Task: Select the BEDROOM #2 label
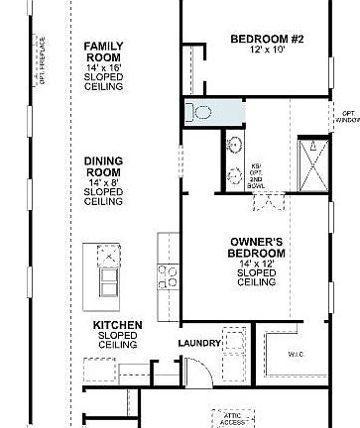[267, 40]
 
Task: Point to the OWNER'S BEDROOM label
[258, 247]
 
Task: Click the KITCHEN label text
[118, 325]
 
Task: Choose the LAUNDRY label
[199, 344]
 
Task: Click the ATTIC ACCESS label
[232, 418]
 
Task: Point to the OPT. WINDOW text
[348, 116]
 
